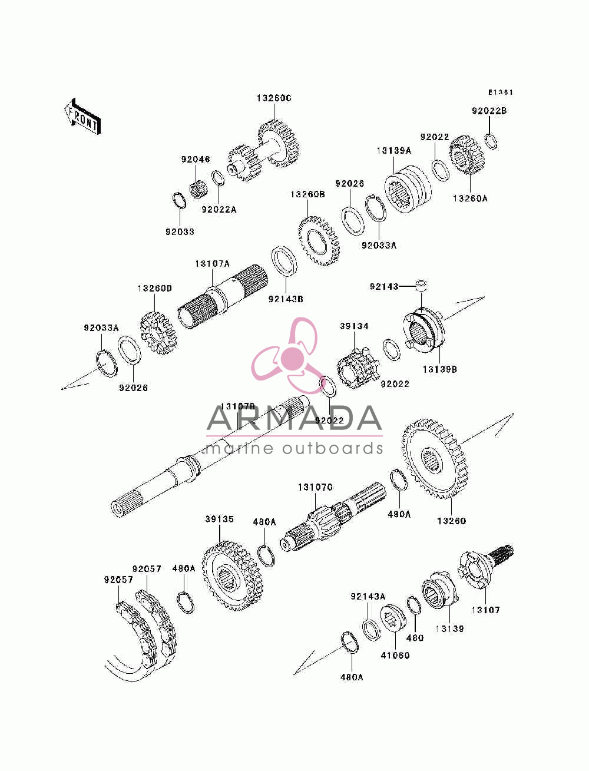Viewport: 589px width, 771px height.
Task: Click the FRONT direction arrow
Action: point(82,117)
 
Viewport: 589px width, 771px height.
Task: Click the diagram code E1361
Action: point(500,92)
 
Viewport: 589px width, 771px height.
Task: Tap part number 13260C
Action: point(274,98)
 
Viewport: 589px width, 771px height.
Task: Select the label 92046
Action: point(196,160)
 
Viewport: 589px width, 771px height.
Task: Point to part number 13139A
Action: point(393,151)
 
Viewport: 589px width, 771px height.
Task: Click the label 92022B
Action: point(489,111)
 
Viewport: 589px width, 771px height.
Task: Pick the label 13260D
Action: point(154,289)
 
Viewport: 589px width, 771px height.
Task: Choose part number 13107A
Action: point(212,263)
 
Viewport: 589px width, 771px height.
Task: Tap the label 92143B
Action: point(286,299)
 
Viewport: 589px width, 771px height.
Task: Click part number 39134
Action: point(353,326)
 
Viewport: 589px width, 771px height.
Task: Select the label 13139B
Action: point(439,369)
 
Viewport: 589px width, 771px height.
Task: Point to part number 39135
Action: point(220,519)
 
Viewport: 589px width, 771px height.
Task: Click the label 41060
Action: point(395,656)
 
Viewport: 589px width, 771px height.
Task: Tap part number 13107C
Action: point(315,487)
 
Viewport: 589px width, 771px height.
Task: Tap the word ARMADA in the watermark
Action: point(294,419)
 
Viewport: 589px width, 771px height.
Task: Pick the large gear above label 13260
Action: point(435,459)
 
